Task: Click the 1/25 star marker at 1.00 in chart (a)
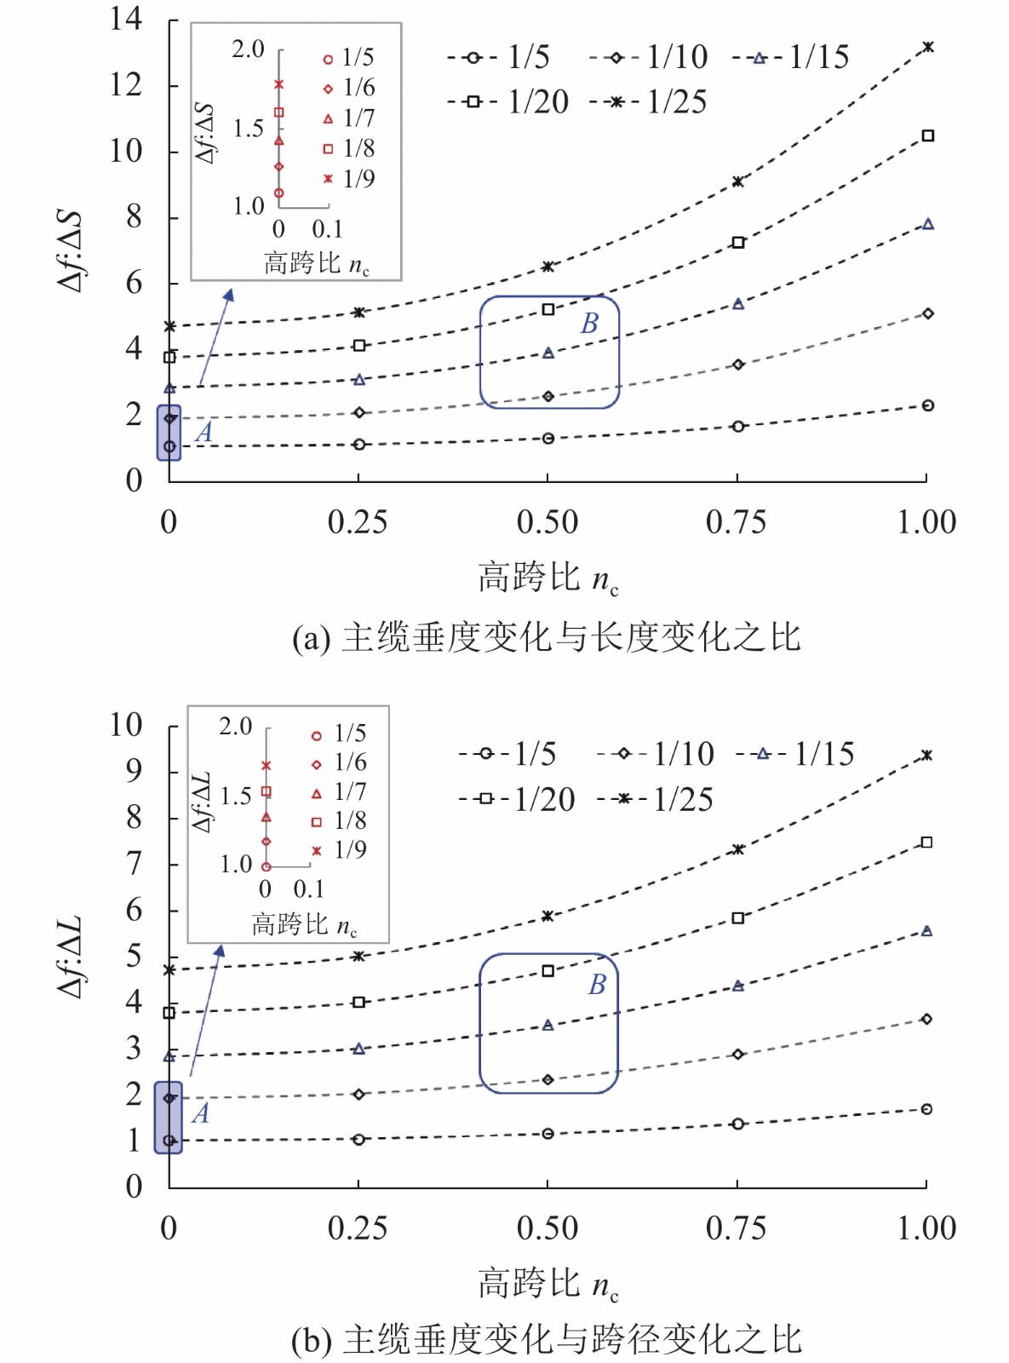928,47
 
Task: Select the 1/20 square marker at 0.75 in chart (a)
738,243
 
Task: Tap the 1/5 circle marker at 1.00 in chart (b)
926,1109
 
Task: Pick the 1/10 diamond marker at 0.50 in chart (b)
548,1079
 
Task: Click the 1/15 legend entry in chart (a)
792,57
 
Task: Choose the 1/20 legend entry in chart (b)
518,799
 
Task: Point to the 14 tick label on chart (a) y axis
126,19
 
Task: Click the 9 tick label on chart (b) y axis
134,771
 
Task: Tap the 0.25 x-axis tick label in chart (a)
358,522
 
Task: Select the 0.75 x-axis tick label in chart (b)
736,1228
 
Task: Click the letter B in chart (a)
589,324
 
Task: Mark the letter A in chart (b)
200,1113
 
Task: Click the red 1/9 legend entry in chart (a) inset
349,179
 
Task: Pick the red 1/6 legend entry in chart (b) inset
340,762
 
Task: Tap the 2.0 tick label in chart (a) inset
248,49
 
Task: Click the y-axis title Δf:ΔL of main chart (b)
70,957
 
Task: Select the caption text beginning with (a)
546,638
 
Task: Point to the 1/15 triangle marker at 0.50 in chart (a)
548,353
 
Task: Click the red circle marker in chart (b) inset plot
267,867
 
